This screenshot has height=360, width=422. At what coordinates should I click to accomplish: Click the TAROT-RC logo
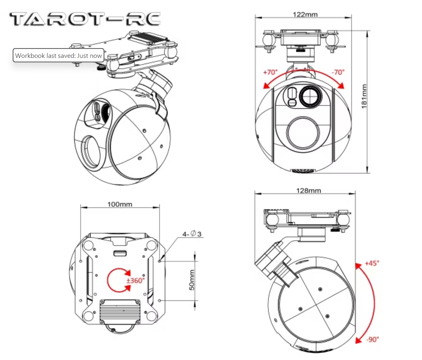click(x=85, y=19)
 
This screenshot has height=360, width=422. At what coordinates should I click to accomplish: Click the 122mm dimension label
click(x=305, y=14)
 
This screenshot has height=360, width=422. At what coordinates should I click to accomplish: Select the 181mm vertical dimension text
click(x=364, y=96)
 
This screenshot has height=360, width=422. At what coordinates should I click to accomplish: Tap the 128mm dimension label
click(x=309, y=190)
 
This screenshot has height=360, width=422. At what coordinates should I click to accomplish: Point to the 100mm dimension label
click(x=120, y=204)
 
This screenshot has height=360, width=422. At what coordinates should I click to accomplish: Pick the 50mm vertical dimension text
click(x=192, y=280)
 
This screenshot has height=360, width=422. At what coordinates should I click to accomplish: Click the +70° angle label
click(x=270, y=72)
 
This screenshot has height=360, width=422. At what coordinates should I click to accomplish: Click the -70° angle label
click(x=338, y=72)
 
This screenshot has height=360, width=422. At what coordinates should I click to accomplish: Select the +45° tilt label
click(x=372, y=263)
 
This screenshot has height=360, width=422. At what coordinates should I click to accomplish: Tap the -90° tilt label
click(x=373, y=339)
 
